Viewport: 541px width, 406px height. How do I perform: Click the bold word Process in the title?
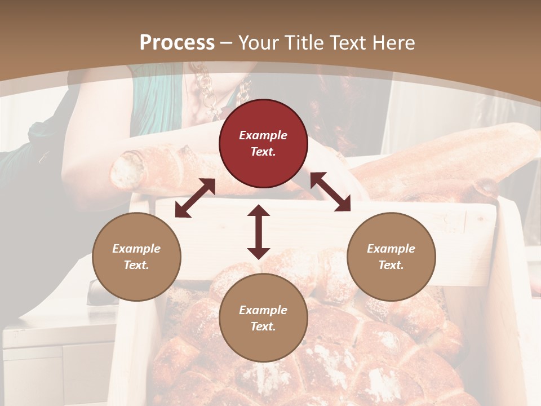coord(177,43)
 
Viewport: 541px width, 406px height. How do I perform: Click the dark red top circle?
coord(263,144)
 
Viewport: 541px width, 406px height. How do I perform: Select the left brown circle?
coord(136,257)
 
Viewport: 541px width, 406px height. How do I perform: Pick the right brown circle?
coord(391,257)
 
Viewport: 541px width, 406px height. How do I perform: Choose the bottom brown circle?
coord(263,318)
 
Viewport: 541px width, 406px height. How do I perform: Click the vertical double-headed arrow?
coord(259,232)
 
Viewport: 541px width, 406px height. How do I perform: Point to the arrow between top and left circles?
coord(195,198)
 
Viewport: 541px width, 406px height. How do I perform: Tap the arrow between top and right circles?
coord(330,192)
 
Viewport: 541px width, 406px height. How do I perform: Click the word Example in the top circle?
coord(263,135)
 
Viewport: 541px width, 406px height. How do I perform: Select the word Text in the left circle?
coord(136,265)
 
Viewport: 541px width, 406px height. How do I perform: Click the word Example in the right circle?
coord(391,249)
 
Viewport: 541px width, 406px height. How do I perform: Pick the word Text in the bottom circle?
coord(263,326)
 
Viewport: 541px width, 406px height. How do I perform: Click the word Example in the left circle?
coord(136,249)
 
